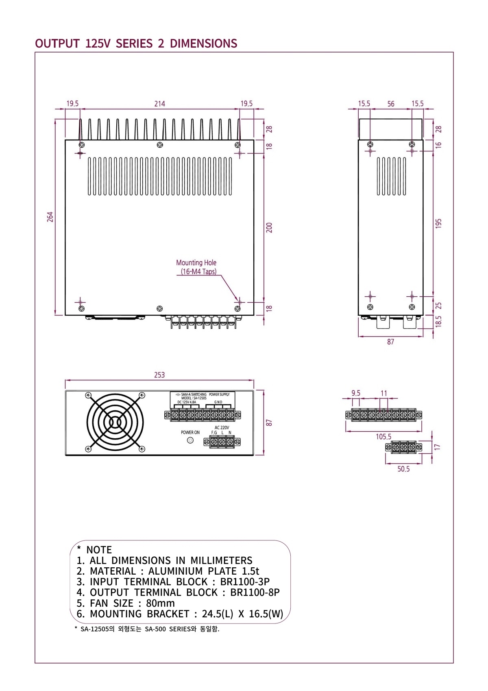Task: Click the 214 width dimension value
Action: [x=159, y=104]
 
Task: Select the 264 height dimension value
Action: [x=50, y=216]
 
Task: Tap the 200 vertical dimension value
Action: [x=269, y=227]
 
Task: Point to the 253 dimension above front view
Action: [x=159, y=375]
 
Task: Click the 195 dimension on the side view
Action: [x=438, y=223]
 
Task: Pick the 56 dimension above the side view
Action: [x=390, y=104]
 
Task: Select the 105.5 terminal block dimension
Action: [x=383, y=437]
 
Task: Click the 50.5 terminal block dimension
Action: [x=403, y=469]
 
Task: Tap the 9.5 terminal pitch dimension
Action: [x=356, y=393]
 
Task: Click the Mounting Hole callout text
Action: [x=196, y=263]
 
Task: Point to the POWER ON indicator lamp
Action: [x=190, y=440]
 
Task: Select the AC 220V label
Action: [x=222, y=427]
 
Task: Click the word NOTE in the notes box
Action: [x=99, y=550]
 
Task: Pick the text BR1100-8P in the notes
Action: [x=255, y=593]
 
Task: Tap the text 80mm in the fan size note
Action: [x=160, y=603]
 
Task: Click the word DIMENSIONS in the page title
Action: [x=203, y=44]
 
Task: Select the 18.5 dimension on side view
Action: [x=438, y=321]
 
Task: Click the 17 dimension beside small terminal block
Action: [x=437, y=447]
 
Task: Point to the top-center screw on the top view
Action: [x=160, y=145]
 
